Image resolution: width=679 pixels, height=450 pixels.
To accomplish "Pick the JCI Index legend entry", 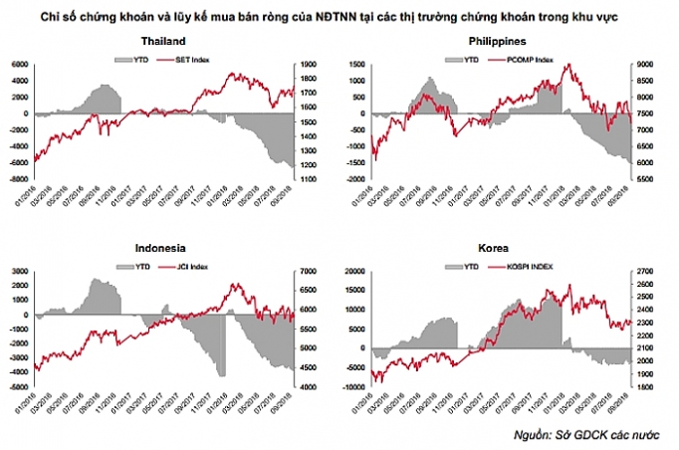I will pos(189,267).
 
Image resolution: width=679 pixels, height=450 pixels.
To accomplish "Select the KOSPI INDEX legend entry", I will pos(533,267).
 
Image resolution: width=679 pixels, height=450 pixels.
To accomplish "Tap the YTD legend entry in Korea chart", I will pos(465,267).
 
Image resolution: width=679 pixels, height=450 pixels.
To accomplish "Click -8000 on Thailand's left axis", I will pos(18,178).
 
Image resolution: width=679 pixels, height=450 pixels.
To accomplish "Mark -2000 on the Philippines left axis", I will pos(354,178).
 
